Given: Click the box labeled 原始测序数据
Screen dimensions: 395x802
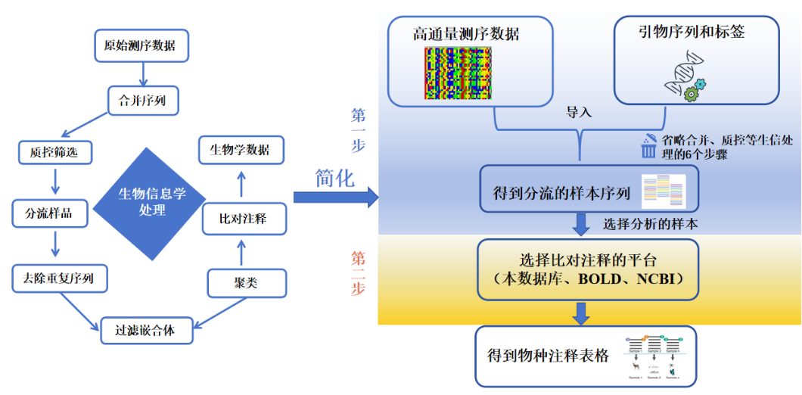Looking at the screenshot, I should click(x=140, y=46).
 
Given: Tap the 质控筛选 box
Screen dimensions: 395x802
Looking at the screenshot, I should click(x=54, y=153).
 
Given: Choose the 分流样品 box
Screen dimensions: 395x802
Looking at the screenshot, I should click(x=51, y=214).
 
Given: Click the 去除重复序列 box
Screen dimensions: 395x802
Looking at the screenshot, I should click(x=60, y=278).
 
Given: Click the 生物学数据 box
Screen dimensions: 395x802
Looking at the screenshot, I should click(x=241, y=150).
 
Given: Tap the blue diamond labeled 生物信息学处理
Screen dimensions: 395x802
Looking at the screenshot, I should click(x=151, y=201).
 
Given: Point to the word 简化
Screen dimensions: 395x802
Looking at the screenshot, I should click(x=334, y=178).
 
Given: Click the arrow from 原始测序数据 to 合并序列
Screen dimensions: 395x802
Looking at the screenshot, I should click(x=142, y=73).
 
